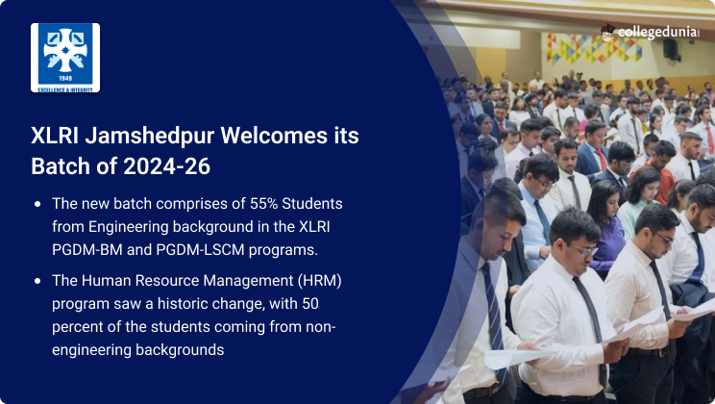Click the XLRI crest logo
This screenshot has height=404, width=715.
[x=65, y=58]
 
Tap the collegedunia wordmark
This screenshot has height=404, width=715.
[x=658, y=33]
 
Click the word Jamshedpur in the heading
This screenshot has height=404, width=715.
[x=150, y=136]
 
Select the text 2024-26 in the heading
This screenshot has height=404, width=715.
[x=166, y=165]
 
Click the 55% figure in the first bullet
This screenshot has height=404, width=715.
[x=263, y=203]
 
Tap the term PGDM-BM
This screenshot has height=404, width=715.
[x=87, y=250]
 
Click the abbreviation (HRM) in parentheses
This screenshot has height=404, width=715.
[x=319, y=280]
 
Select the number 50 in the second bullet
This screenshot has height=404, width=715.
[x=310, y=304]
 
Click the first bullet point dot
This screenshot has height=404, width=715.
[x=37, y=204]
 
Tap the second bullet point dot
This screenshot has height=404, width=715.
[x=37, y=281]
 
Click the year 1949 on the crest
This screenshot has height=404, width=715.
[x=65, y=78]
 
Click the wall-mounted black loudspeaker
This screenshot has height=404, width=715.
[x=671, y=49]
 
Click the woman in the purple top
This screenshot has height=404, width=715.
[x=605, y=228]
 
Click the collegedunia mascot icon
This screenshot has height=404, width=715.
[x=607, y=33]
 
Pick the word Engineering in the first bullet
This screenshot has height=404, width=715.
[x=128, y=227]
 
